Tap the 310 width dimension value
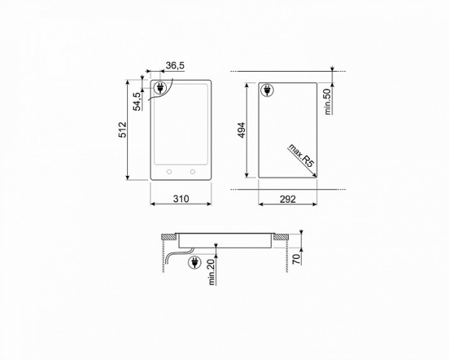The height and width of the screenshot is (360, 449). [x=180, y=198]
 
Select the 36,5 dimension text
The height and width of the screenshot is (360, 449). [x=174, y=67]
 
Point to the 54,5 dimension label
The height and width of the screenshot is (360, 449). [x=137, y=100]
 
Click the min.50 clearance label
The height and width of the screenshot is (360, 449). [x=327, y=101]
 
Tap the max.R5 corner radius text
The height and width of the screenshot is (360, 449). [x=298, y=155]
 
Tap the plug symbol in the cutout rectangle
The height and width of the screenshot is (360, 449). [x=266, y=91]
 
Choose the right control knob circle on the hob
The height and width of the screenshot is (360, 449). [x=193, y=171]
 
